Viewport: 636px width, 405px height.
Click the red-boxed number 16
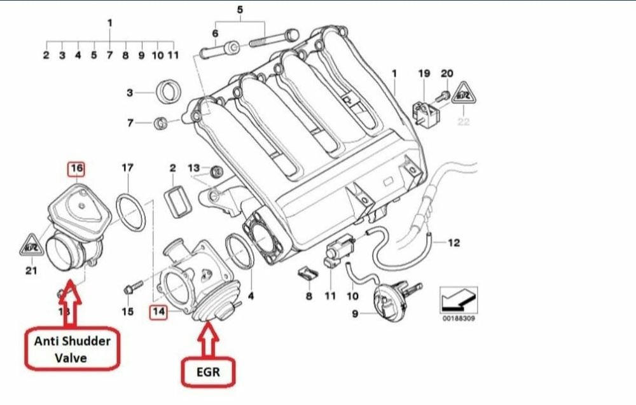pos(76,168)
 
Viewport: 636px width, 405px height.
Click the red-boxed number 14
pos(157,312)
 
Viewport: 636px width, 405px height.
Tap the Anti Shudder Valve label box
pos(71,348)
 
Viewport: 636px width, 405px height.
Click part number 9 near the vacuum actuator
pos(354,312)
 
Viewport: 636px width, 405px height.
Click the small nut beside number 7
pos(162,122)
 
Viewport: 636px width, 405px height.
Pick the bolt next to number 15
pos(132,290)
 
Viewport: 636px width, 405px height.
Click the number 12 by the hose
pos(453,242)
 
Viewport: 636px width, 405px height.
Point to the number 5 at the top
pos(240,10)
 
